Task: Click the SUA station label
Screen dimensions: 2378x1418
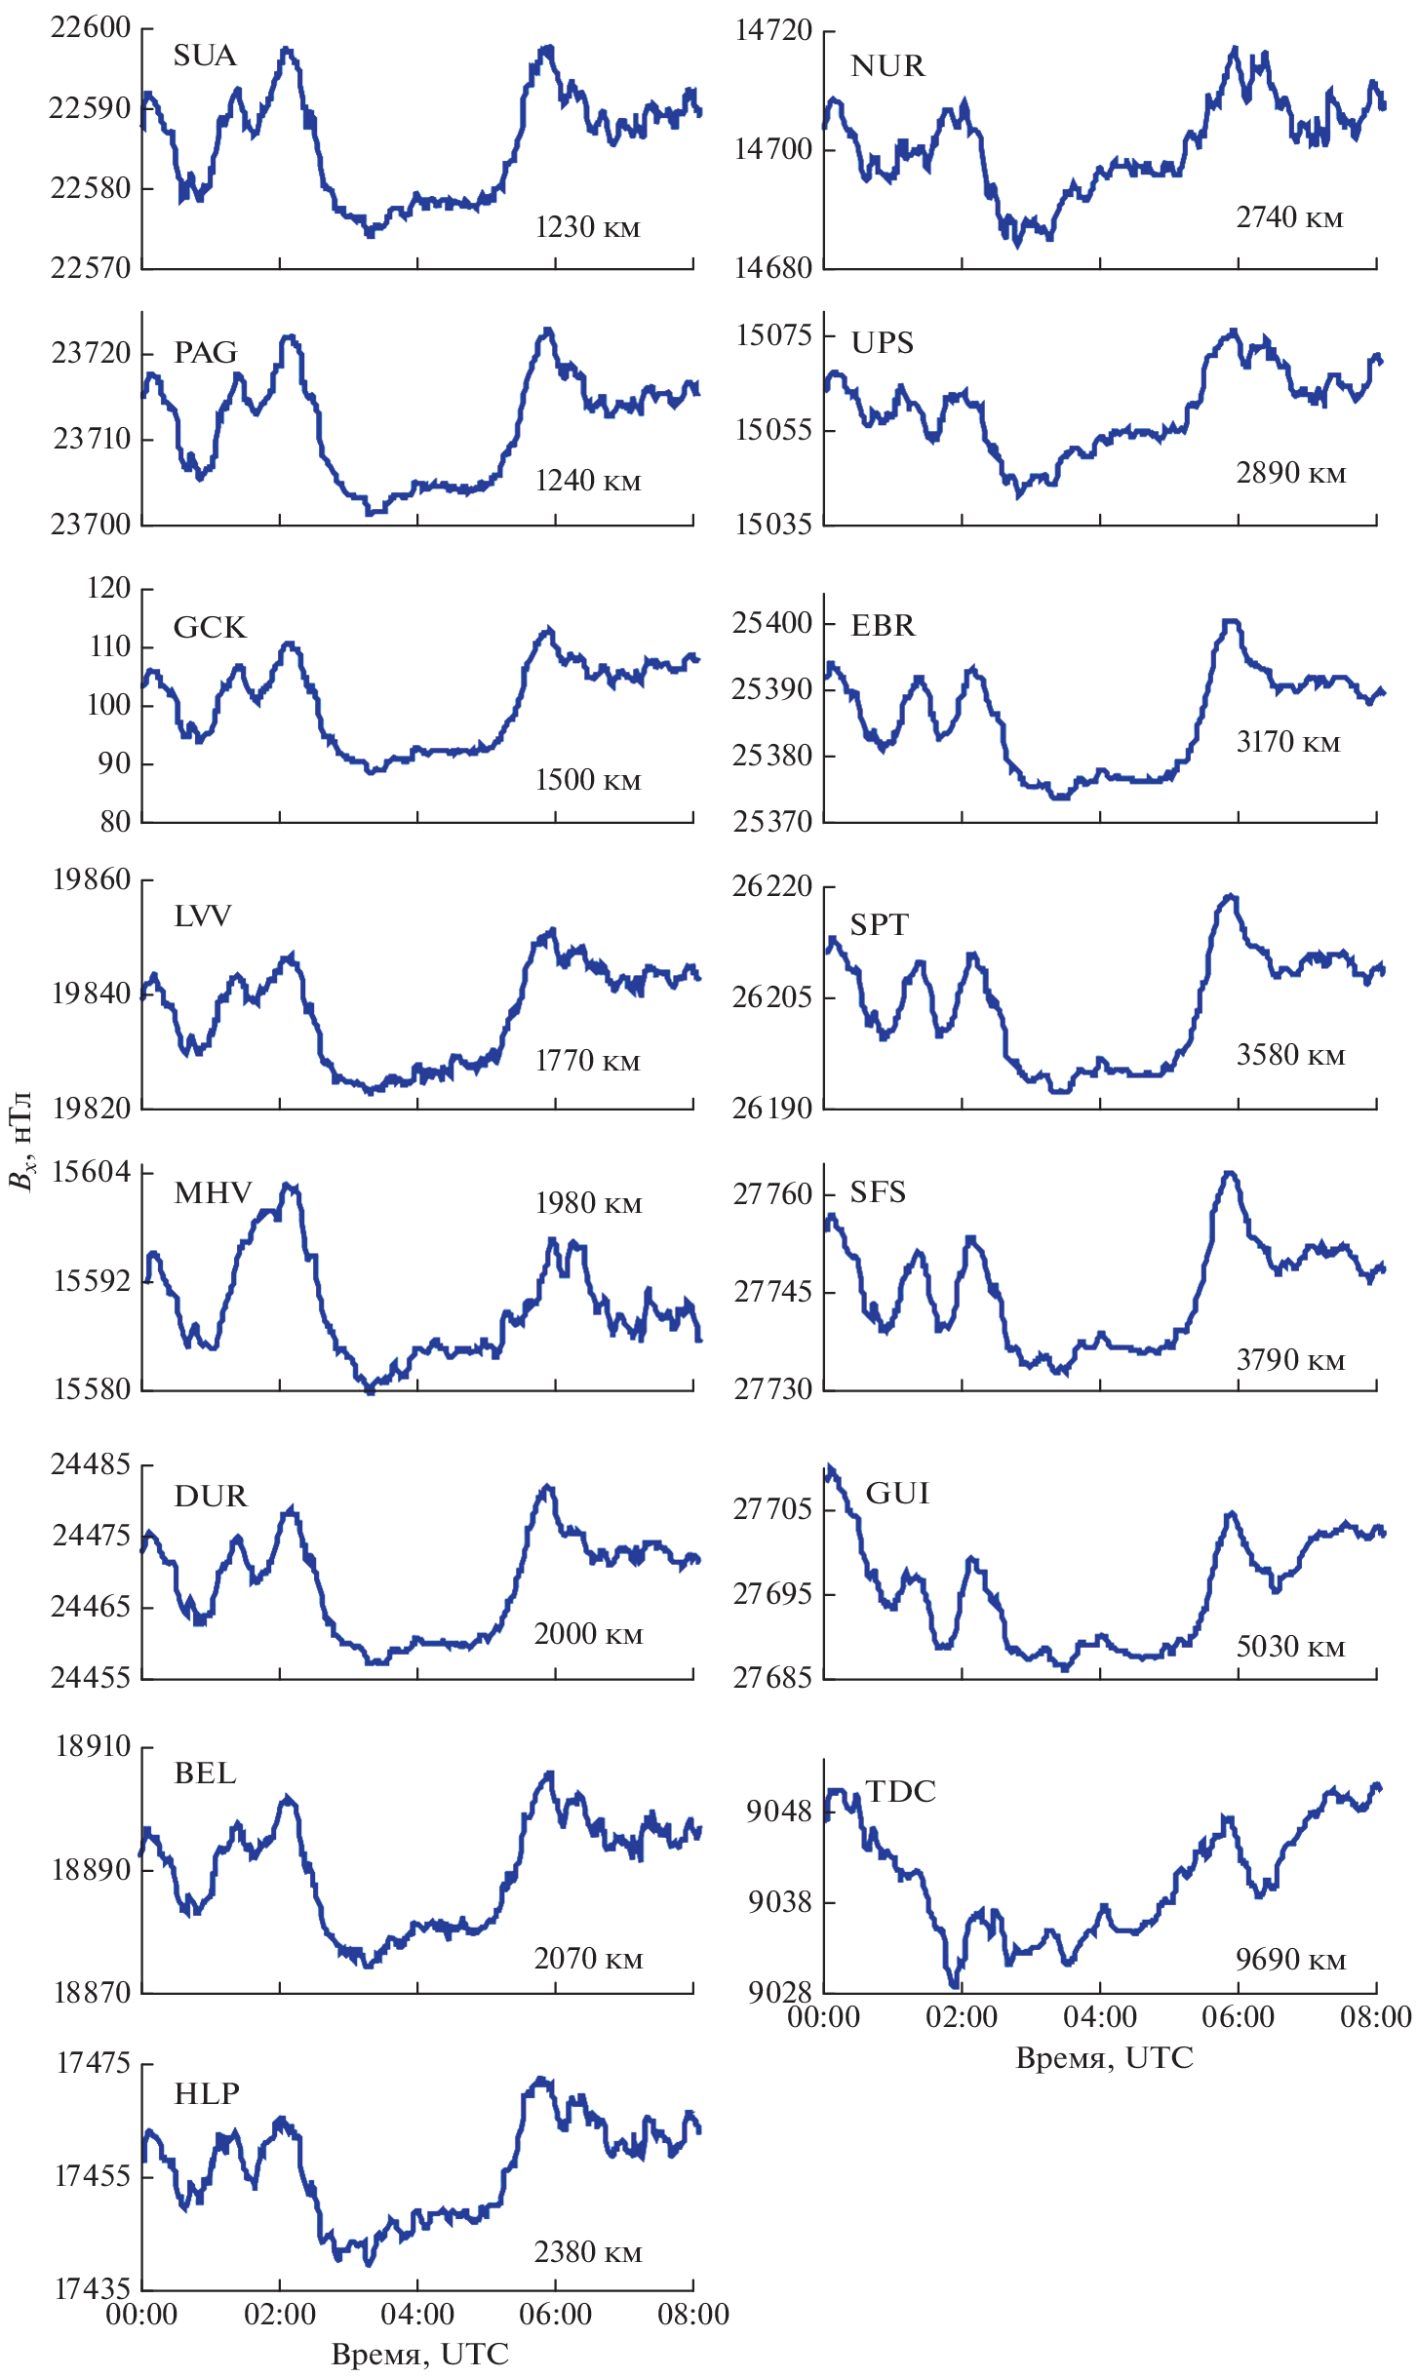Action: coord(205,56)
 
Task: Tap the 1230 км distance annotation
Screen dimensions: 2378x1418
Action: coord(587,228)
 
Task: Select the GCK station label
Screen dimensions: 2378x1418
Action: coord(210,627)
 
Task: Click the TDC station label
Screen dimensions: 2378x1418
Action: coord(900,1791)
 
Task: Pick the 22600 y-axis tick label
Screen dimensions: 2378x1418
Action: coord(90,28)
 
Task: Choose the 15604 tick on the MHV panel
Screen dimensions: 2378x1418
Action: coord(91,1172)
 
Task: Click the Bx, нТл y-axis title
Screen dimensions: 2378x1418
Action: coord(21,1141)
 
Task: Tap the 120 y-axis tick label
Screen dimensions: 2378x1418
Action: coord(108,588)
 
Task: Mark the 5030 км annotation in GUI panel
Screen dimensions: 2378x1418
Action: coord(1290,1647)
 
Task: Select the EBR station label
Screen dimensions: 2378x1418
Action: coord(883,626)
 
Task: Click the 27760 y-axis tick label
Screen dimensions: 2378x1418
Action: coord(772,1194)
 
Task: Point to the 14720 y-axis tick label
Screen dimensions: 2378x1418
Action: coord(772,31)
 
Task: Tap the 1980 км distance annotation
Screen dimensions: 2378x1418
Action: coord(588,1204)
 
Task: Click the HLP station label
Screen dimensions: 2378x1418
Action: coord(207,2093)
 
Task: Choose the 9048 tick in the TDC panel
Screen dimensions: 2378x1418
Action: coord(779,1812)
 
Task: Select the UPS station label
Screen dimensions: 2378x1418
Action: coord(883,343)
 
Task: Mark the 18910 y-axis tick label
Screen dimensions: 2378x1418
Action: coord(93,1746)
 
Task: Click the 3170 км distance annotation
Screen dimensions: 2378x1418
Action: coord(1288,743)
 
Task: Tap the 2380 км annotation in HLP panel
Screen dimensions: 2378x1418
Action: coord(588,2252)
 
